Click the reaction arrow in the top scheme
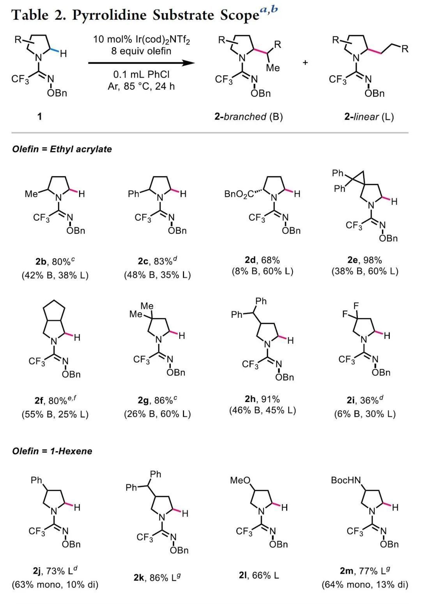coord(141,63)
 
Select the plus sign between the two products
coord(305,62)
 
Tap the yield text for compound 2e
coord(364,260)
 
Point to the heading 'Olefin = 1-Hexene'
coord(52,451)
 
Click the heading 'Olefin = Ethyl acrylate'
coord(62,149)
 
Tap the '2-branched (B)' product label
coord(248,116)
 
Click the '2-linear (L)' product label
coord(369,116)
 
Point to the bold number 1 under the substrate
coord(39,116)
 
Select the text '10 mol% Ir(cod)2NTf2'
coord(141,40)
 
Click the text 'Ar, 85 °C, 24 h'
coord(141,86)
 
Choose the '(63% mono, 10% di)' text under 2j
coord(55,585)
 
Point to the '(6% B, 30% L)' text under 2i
coord(364,414)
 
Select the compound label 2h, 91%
coord(262,399)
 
